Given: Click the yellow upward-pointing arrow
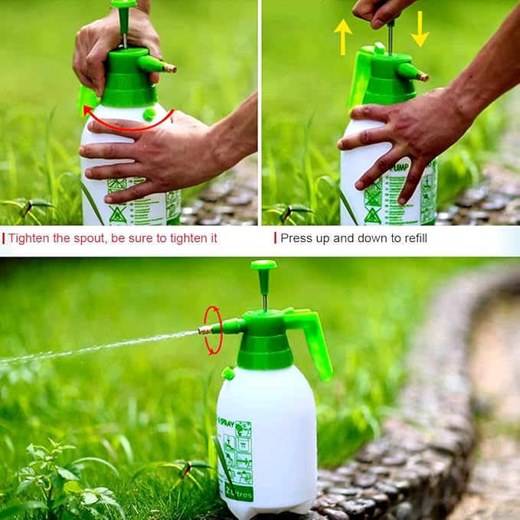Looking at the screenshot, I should (x=343, y=35).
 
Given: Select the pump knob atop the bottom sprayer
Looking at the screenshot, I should (x=263, y=266).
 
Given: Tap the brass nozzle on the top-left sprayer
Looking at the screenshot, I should (x=169, y=68).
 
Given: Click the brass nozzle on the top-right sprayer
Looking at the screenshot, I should (x=422, y=77).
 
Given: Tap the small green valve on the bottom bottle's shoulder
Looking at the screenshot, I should (x=227, y=374).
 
